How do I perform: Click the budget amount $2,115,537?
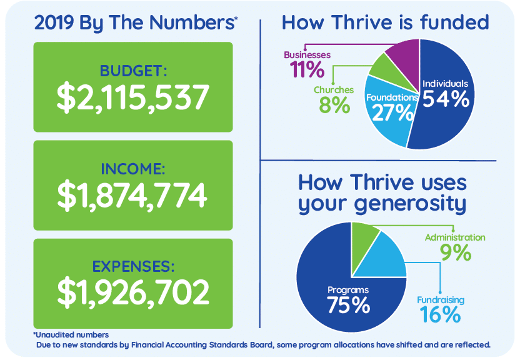[x=133, y=97]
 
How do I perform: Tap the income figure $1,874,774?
[x=132, y=195]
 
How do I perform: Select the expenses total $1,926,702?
[x=133, y=292]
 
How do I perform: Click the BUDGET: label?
[x=133, y=71]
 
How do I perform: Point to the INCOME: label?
[x=133, y=169]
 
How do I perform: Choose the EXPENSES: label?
[x=133, y=266]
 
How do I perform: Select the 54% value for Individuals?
[x=446, y=99]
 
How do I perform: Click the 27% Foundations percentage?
[x=393, y=112]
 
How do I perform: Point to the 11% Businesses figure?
[x=307, y=69]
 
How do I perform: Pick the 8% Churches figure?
[x=334, y=105]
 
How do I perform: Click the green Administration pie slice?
[x=364, y=241]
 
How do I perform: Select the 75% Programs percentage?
[x=348, y=305]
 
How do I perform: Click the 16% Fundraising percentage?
[x=440, y=314]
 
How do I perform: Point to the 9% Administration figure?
[x=456, y=252]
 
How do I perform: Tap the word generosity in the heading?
[x=410, y=204]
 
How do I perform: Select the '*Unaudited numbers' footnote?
[x=71, y=335]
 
